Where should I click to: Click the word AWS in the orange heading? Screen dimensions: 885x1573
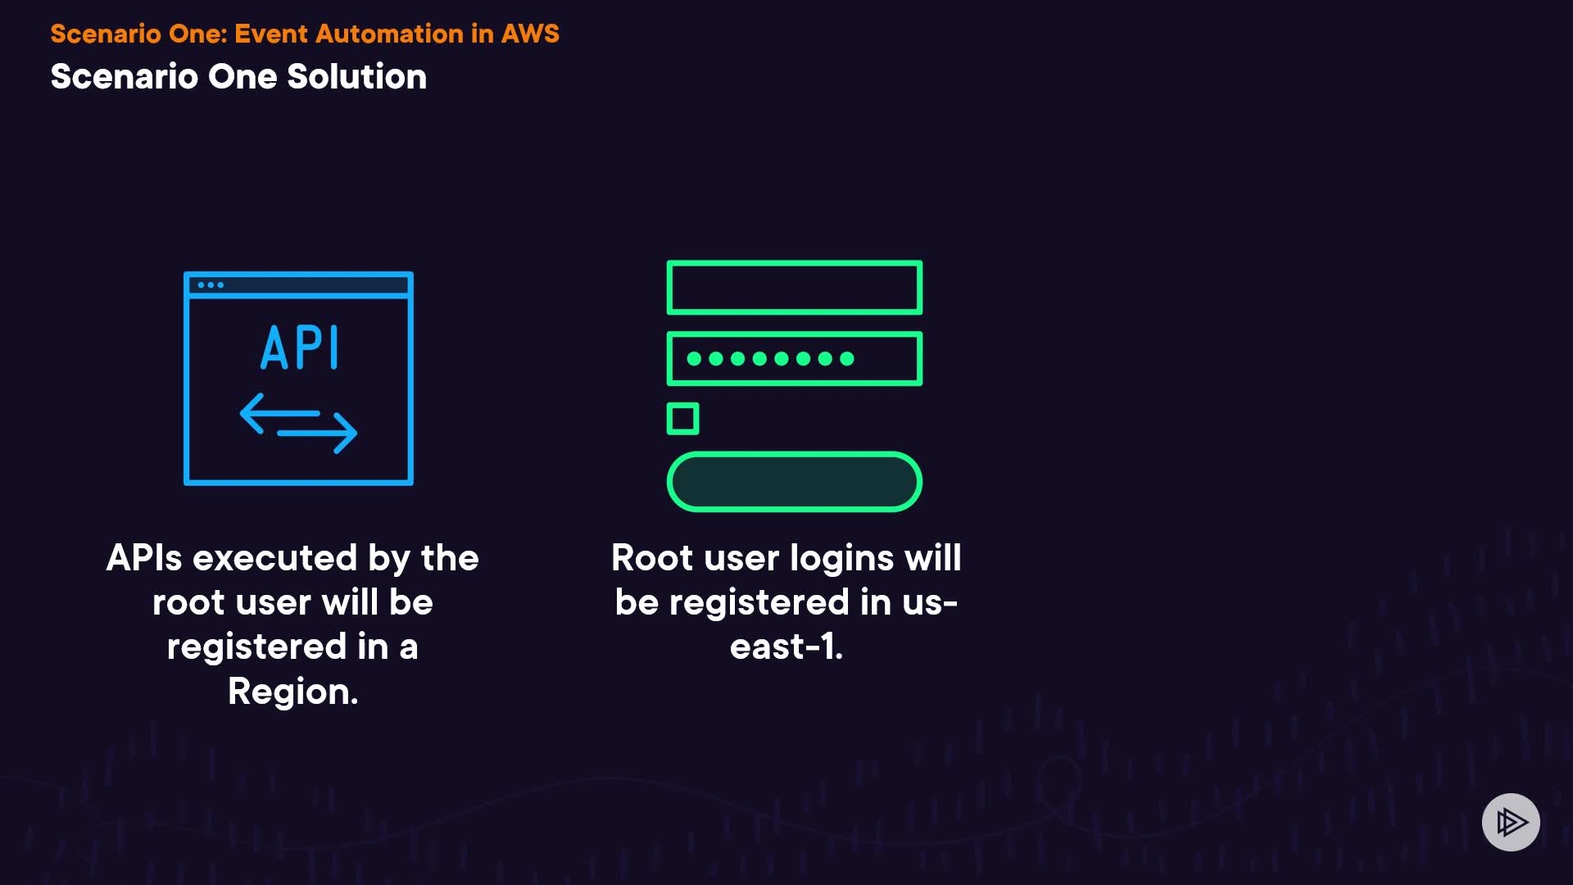pos(530,34)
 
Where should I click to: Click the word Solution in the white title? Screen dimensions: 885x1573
pos(356,77)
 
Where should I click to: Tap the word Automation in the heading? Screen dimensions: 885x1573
pos(389,34)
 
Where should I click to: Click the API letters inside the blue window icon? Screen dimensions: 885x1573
pos(299,348)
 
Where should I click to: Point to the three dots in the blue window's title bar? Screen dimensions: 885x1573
pos(211,285)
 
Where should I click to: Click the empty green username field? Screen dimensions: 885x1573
pos(794,288)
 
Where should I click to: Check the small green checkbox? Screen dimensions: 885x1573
pos(682,419)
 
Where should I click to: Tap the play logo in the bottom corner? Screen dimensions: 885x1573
pos(1511,822)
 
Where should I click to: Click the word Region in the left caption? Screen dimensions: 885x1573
pos(291,692)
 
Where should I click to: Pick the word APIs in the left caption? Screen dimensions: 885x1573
pos(144,558)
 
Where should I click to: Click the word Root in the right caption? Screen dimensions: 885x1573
pos(652,558)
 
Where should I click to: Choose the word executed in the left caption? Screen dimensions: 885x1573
pos(274,558)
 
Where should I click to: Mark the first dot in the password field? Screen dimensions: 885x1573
pos(694,358)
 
